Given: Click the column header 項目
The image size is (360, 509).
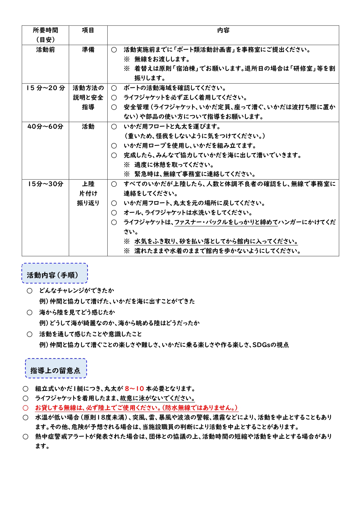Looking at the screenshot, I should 88,30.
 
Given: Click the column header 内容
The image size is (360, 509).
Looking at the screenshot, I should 223,30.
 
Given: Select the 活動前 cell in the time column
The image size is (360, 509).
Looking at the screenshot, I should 45,50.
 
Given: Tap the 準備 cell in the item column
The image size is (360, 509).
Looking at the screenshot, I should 88,50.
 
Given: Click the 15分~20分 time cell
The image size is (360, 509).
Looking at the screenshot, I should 46,88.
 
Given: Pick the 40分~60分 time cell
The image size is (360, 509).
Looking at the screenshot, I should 45,127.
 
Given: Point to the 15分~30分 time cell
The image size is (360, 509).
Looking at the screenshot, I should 46,184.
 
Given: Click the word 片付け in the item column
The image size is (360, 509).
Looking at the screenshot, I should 88,193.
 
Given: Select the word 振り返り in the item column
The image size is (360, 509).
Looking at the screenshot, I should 88,203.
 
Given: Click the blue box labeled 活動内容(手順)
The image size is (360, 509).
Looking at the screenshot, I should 55,273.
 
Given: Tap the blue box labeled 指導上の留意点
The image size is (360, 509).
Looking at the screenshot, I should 56,368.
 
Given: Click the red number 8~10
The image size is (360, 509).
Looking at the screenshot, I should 134,389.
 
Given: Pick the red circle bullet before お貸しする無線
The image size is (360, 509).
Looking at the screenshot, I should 26,408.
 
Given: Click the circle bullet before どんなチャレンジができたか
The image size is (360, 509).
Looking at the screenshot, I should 30,291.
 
